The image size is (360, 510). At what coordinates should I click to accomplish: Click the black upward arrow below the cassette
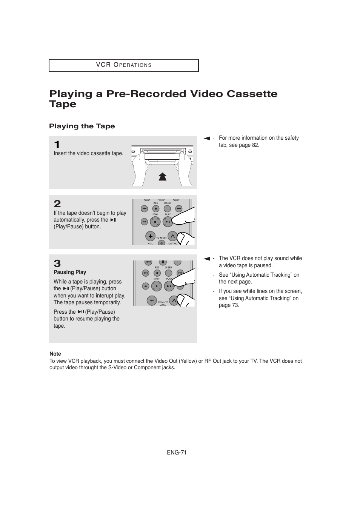(x=163, y=176)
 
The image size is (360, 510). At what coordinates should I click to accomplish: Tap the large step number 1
(x=57, y=145)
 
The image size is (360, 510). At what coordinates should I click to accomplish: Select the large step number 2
(x=57, y=204)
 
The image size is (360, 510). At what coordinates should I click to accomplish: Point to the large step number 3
(x=57, y=263)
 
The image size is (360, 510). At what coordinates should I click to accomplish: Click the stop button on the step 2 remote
(x=155, y=221)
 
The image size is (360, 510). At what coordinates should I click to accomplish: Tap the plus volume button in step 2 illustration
(x=150, y=236)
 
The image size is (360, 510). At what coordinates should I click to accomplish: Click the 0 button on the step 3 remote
(x=163, y=262)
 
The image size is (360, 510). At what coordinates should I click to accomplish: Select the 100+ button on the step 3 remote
(x=148, y=262)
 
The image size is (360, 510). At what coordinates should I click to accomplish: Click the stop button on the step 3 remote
(x=157, y=286)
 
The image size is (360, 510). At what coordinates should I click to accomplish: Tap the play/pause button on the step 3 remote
(x=169, y=286)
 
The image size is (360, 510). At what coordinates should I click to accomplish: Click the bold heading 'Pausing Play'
(x=70, y=272)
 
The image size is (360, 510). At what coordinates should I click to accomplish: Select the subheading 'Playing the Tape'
(x=82, y=126)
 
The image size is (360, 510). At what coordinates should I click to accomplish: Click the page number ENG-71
(x=177, y=453)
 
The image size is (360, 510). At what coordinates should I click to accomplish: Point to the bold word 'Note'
(x=55, y=354)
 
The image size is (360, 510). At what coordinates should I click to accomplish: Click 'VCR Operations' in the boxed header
(x=124, y=65)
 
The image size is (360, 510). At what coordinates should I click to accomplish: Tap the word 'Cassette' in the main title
(x=252, y=94)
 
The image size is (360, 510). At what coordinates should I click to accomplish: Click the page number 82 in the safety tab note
(x=255, y=145)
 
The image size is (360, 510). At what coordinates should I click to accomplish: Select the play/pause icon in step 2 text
(x=113, y=220)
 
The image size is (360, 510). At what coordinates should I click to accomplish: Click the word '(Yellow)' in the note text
(x=188, y=361)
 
